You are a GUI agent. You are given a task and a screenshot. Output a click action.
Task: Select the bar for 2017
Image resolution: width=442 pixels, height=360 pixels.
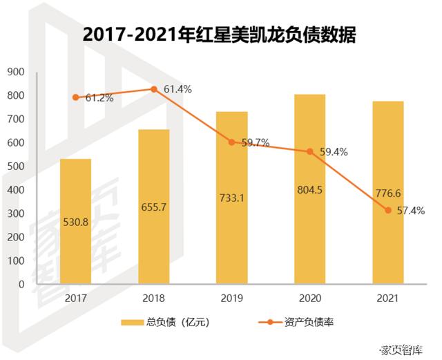coord(75,221)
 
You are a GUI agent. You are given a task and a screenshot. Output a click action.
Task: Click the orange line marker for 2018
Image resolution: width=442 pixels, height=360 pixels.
coord(154,89)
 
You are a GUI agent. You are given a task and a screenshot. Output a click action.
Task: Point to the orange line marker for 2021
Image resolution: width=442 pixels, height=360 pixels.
coord(388,210)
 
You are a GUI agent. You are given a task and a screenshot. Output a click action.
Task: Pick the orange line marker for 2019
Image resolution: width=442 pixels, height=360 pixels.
coord(232,142)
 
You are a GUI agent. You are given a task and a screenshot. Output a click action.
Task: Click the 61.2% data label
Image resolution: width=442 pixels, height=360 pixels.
coord(99,98)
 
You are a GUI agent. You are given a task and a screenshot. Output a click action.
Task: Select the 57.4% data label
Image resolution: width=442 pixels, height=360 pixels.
coord(410,210)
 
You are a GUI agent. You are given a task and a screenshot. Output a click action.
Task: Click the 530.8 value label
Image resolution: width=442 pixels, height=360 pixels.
coord(75,221)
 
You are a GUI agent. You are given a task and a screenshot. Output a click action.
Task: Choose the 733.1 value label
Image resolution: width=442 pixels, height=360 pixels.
coord(231,199)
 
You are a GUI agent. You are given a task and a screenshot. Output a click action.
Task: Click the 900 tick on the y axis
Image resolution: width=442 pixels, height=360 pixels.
coord(15,72)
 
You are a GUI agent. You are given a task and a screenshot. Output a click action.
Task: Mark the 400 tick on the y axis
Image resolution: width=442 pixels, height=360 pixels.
coord(15,189)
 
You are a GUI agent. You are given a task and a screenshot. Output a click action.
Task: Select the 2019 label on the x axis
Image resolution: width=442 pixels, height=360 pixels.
coord(231,299)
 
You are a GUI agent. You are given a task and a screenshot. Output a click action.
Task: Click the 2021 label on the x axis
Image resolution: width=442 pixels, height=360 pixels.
coord(387,299)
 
